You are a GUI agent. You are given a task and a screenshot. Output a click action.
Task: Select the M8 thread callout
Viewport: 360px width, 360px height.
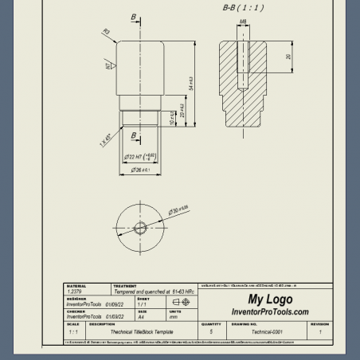coord(242,22)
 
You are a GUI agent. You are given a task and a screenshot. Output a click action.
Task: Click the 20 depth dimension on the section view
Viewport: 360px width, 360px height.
coord(288,57)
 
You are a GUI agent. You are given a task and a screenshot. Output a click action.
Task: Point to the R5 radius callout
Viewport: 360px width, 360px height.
coord(105,33)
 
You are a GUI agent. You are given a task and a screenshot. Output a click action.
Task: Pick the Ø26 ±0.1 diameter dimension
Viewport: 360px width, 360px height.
coord(141,170)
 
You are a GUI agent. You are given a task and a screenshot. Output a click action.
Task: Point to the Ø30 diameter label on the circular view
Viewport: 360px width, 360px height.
coord(178,210)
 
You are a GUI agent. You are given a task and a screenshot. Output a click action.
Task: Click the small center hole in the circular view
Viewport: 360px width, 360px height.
coord(141,228)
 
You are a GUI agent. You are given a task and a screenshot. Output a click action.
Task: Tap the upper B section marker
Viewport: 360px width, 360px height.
coord(133,17)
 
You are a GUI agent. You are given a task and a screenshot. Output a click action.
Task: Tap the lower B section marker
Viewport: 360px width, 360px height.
coord(134,136)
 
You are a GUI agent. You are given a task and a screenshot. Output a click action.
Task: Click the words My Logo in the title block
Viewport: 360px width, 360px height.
coord(269,299)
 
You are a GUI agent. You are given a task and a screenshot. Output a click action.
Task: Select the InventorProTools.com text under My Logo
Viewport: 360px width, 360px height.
coord(269,311)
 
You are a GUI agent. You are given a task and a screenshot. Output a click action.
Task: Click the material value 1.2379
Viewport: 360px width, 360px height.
coord(75,292)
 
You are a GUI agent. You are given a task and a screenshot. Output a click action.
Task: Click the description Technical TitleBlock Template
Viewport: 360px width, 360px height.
coord(131,331)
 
